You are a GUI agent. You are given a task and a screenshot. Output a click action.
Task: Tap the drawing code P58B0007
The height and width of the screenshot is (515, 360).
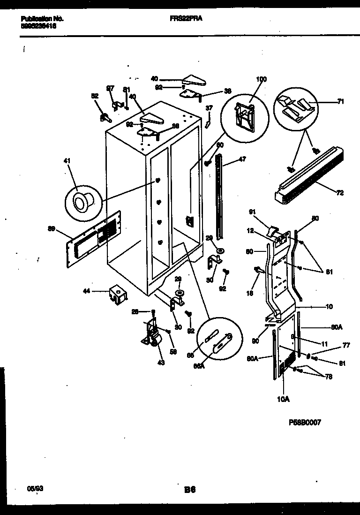point(304,422)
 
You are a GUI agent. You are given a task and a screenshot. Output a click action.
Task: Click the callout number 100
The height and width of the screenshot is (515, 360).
point(261,79)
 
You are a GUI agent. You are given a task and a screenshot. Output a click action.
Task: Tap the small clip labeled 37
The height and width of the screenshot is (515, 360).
point(208,123)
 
